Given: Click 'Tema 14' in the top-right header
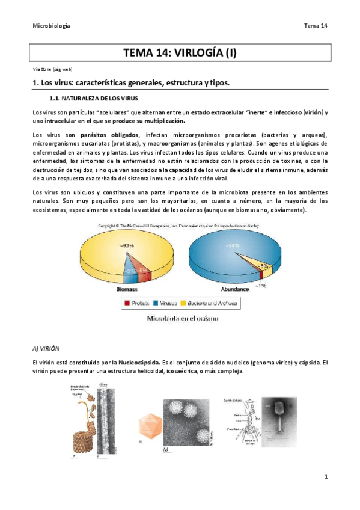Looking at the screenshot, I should click(316, 26).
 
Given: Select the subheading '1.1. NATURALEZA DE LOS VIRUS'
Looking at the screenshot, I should click(94, 98).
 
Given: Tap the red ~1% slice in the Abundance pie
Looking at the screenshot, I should click(261, 274).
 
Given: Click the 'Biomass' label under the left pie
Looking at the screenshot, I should click(127, 289).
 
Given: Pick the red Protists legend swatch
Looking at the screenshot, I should click(127, 304).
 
